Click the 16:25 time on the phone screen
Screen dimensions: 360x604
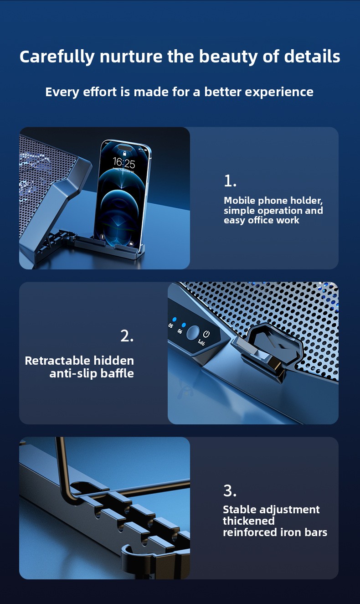pyautogui.click(x=124, y=163)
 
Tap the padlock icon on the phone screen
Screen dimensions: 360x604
pyautogui.click(x=124, y=154)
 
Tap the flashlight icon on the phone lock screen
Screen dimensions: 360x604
pyautogui.click(x=102, y=237)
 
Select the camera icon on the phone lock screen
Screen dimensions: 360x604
pyautogui.click(x=131, y=244)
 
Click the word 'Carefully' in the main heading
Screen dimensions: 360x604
pyautogui.click(x=57, y=57)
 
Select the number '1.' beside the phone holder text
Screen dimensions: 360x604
pyautogui.click(x=230, y=181)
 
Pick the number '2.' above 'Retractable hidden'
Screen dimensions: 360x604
pyautogui.click(x=127, y=336)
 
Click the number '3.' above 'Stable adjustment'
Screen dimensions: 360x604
pyautogui.click(x=230, y=491)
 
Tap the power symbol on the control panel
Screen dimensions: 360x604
pyautogui.click(x=206, y=334)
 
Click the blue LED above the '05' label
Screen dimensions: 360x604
pyautogui.click(x=175, y=320)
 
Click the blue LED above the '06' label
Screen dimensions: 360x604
pyautogui.click(x=184, y=325)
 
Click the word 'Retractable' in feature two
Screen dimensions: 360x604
pyautogui.click(x=57, y=361)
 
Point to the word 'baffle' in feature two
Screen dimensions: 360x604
pyautogui.click(x=117, y=373)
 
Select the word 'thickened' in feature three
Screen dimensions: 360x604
pyautogui.click(x=248, y=521)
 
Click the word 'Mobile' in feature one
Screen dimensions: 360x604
pyautogui.click(x=240, y=201)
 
